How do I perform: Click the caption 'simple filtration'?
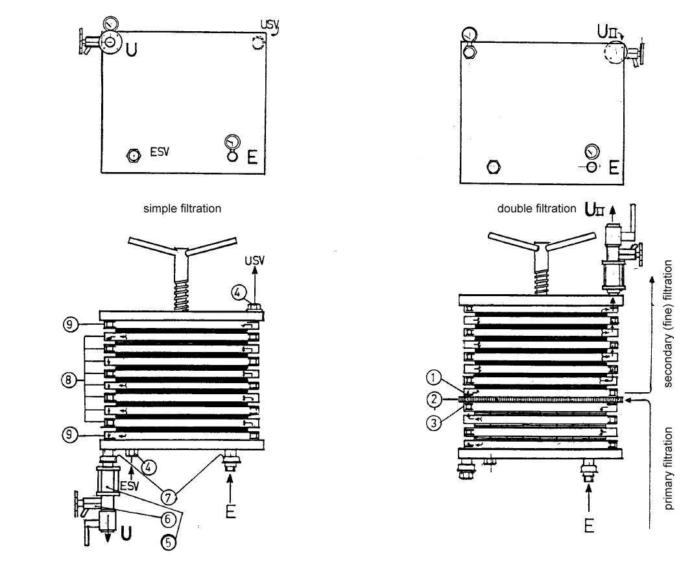(x=182, y=208)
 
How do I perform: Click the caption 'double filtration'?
(x=536, y=208)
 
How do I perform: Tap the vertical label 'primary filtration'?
(x=668, y=468)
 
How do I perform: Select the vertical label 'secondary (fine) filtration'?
(x=668, y=323)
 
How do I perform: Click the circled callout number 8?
(x=69, y=380)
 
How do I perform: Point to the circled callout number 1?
(x=433, y=377)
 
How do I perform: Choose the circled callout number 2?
(x=434, y=399)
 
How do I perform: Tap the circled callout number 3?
(x=434, y=423)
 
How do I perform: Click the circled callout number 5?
(x=168, y=542)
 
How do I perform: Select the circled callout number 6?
(x=168, y=519)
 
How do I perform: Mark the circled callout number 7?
(x=168, y=497)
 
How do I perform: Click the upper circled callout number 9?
(x=69, y=325)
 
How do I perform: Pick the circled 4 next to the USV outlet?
(x=238, y=292)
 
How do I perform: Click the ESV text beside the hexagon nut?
(x=160, y=152)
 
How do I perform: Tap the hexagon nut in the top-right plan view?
(x=493, y=167)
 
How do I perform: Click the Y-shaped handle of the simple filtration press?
(x=182, y=251)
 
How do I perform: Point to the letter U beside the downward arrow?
(x=126, y=534)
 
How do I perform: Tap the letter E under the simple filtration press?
(x=231, y=511)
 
